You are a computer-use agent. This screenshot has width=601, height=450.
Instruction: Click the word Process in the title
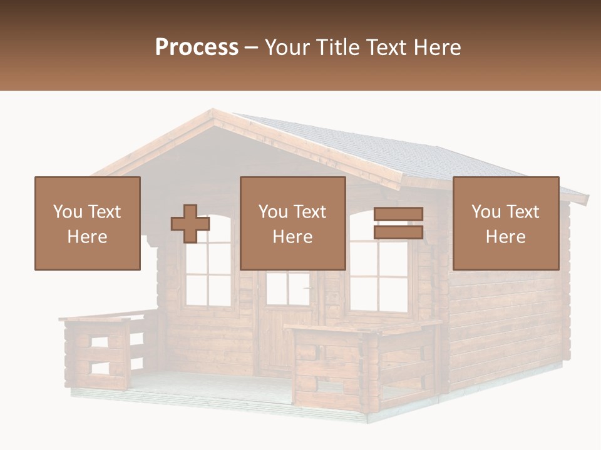(x=197, y=47)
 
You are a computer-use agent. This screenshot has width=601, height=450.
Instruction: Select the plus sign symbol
(x=190, y=224)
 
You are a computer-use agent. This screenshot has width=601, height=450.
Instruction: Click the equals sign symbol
(x=398, y=223)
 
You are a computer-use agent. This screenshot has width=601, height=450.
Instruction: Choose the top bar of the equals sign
(x=398, y=214)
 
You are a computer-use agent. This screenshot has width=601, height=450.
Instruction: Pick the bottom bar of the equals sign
(x=398, y=232)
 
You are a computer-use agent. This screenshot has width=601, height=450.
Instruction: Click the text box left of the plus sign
(x=87, y=224)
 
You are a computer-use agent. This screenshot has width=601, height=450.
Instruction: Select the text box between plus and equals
(x=292, y=224)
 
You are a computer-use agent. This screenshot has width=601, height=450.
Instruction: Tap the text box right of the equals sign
(x=505, y=224)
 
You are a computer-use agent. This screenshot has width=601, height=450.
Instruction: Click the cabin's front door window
(x=288, y=288)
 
